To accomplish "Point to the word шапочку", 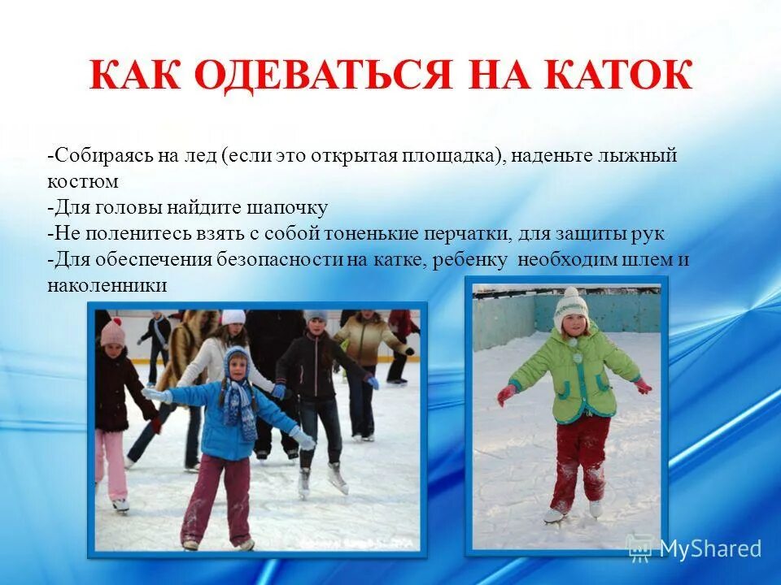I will pyautogui.click(x=290, y=208).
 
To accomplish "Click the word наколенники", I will pyautogui.click(x=107, y=285).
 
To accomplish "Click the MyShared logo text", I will pyautogui.click(x=709, y=548).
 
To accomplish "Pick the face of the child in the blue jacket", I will pyautogui.click(x=237, y=366).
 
